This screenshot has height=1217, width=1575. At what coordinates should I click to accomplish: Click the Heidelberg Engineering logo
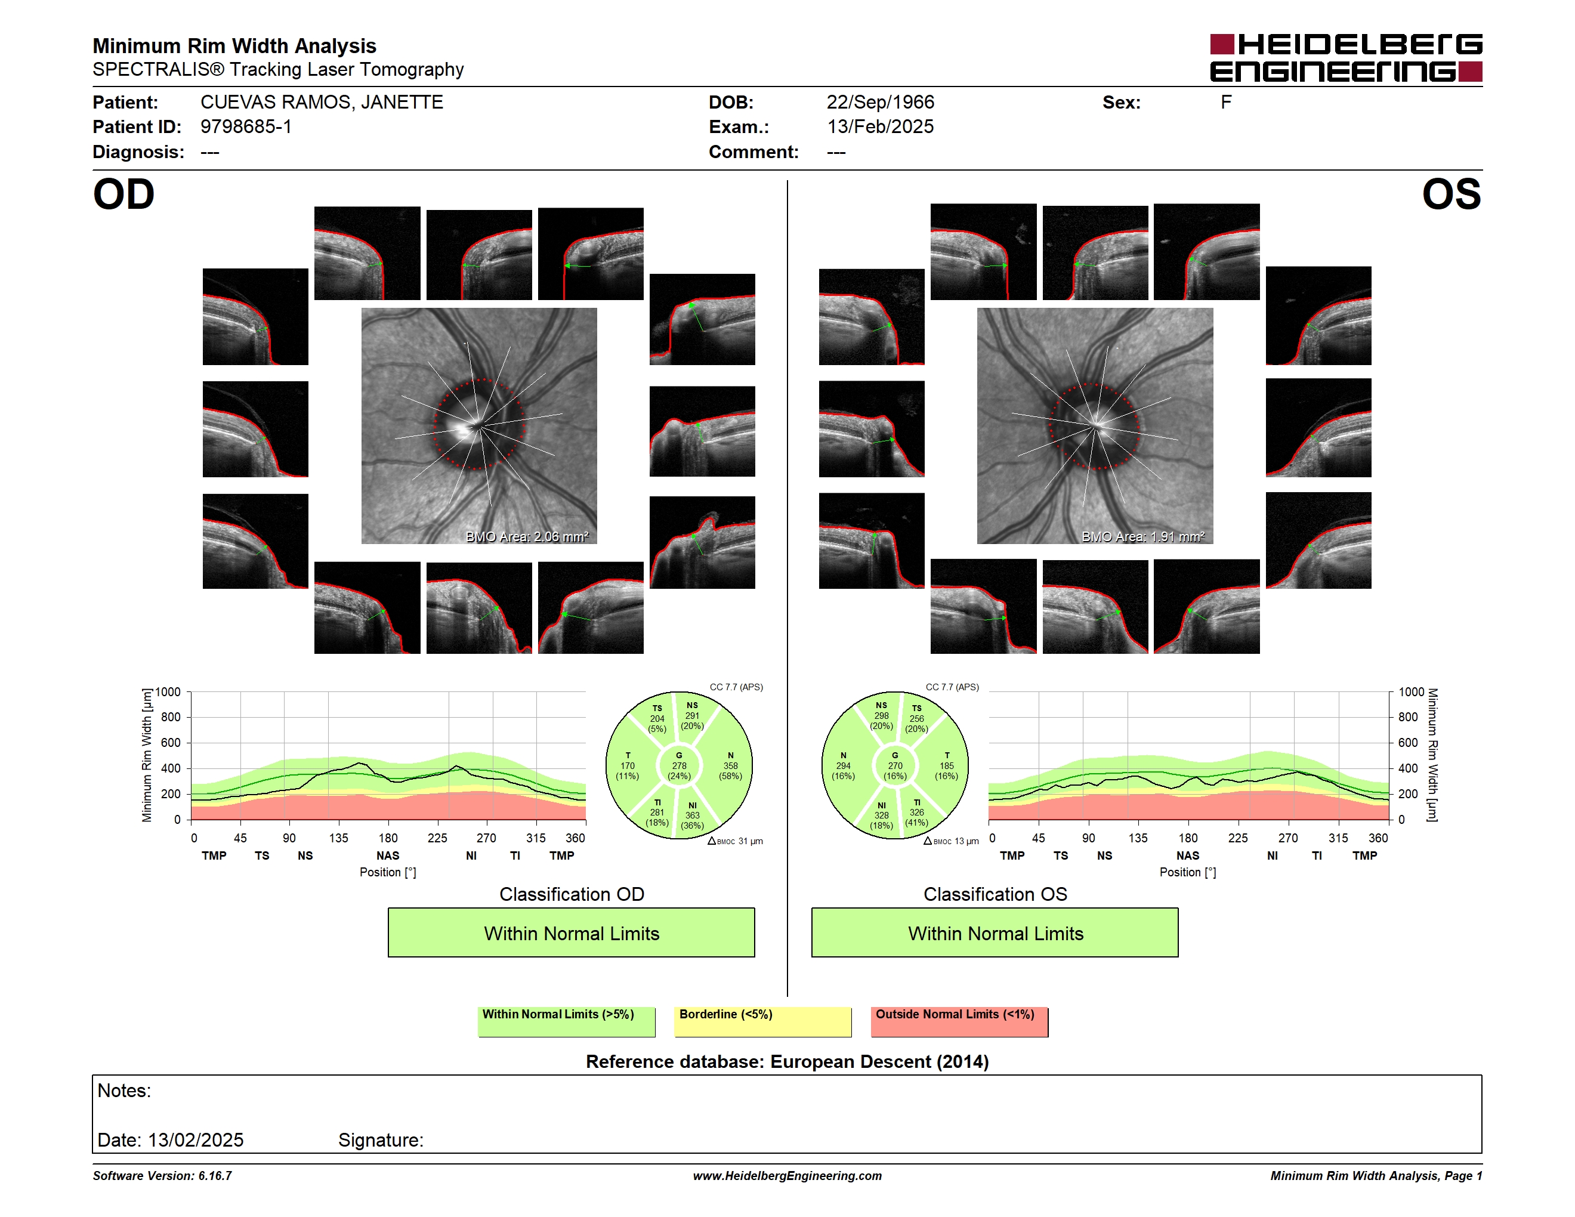pos(1346,58)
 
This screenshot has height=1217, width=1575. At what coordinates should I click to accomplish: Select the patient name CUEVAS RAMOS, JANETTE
pos(322,103)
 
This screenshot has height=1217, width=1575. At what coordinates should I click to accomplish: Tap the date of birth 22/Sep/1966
pos(880,103)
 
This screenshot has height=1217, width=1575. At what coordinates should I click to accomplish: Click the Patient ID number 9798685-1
pos(246,127)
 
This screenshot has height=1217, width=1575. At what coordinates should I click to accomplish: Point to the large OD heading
pos(123,194)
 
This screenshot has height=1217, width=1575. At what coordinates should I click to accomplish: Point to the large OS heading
pos(1451,194)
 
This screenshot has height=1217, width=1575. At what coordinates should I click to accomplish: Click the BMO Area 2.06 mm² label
pos(527,536)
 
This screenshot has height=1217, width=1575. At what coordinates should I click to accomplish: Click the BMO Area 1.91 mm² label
pos(1143,536)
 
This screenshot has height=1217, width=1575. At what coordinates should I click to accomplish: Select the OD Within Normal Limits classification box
pos(571,933)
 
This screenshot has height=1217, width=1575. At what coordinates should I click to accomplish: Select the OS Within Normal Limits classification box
pos(995,933)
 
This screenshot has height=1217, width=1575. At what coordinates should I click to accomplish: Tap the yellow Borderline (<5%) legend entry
pos(763,1021)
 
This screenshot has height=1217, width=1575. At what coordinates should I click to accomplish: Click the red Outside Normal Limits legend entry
pos(959,1021)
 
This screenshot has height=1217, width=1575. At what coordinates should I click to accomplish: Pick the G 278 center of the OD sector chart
pos(678,765)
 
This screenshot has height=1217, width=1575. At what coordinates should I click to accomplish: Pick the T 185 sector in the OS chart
pos(946,765)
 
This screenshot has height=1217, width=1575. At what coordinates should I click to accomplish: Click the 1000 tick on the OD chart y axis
pos(167,692)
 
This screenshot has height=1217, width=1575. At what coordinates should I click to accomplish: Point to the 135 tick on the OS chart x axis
pos(1138,838)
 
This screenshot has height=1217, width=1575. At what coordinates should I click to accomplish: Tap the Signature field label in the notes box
pos(381,1140)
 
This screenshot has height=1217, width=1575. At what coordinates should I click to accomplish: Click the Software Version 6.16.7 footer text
pos(162,1176)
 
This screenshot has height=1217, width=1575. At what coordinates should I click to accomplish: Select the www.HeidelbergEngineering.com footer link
pos(787,1176)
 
